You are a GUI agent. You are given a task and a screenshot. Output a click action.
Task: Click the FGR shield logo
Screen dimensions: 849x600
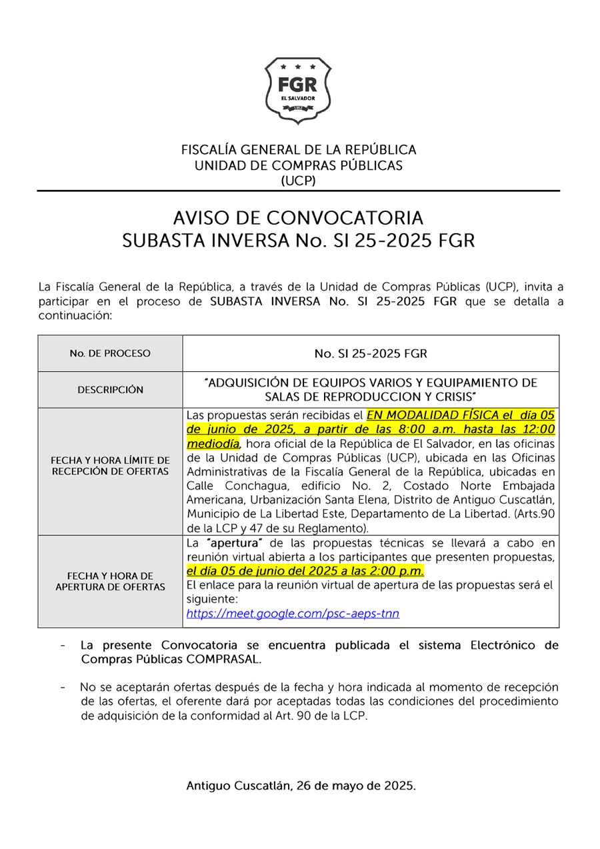pos(298,91)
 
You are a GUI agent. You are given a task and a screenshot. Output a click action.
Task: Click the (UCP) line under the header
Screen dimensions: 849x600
pos(298,181)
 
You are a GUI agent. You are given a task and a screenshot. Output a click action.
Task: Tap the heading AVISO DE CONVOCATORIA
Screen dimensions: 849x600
pos(298,218)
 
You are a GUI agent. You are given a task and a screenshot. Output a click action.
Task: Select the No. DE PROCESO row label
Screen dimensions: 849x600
pos(110,353)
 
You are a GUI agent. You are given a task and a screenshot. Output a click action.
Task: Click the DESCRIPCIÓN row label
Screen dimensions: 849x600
pos(110,390)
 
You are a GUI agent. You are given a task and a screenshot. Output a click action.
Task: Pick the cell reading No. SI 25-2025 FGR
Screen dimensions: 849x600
pos(371,353)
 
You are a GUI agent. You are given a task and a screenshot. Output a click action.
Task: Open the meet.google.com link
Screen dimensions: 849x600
pos(293,614)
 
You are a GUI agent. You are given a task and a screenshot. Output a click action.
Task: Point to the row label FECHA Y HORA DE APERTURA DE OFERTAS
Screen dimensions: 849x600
pos(110,581)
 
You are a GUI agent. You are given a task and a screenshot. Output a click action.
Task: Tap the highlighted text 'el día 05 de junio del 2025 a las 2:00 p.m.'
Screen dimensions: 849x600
pos(305,571)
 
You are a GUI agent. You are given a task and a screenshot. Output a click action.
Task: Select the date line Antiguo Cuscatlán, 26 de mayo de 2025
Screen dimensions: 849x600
pos(301,786)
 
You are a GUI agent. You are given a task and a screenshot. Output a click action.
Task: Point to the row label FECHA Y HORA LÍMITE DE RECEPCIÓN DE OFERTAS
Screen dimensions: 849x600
pos(110,466)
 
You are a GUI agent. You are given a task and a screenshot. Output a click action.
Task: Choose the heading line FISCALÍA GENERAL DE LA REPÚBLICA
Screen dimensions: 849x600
pos(299,150)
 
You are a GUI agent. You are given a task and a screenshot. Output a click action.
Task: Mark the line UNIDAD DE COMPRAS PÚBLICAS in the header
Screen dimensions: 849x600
pos(299,165)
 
